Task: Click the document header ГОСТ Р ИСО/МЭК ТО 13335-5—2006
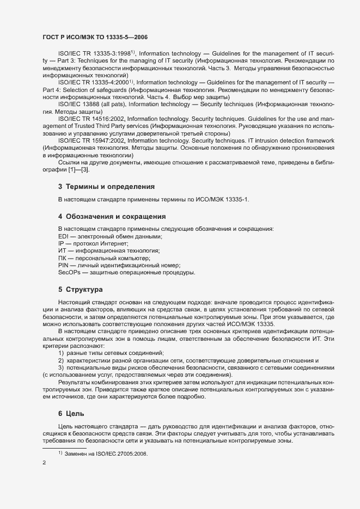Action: coord(94,37)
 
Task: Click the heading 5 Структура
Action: coord(81,289)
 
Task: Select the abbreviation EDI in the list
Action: coord(63,236)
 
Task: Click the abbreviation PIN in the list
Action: coord(63,265)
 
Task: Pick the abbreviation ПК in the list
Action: coord(63,257)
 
